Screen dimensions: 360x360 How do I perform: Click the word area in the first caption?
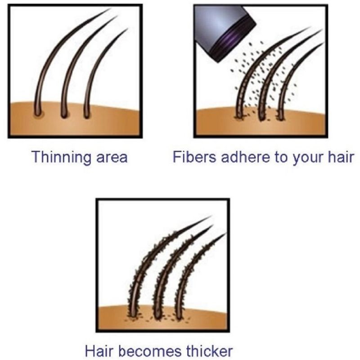tap(112, 158)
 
